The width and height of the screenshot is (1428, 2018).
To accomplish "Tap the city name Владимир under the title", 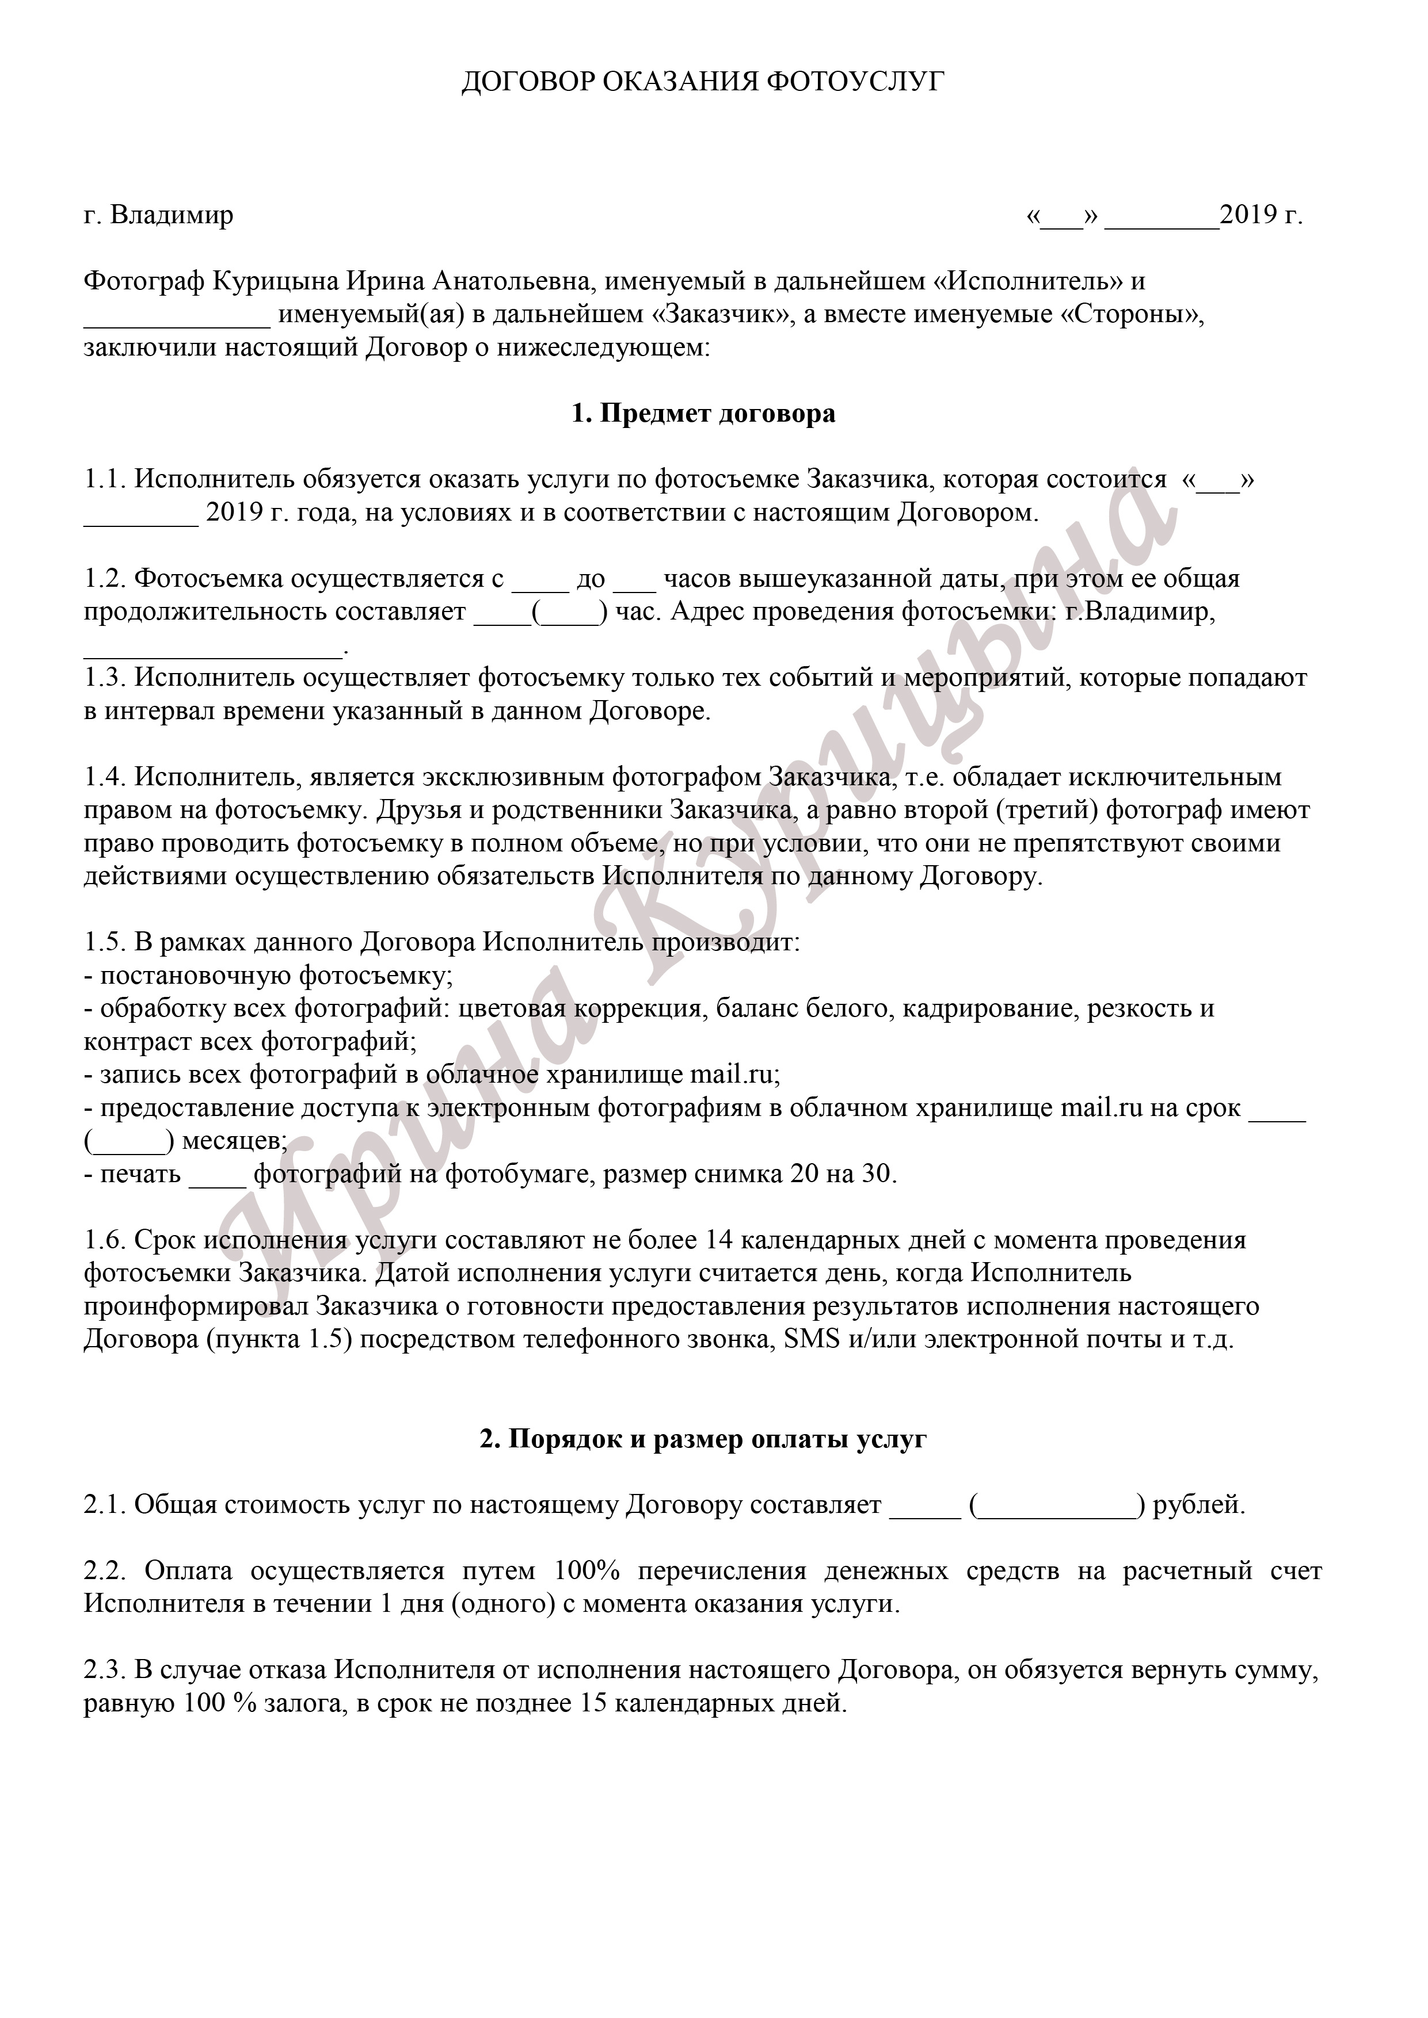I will click(172, 215).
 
